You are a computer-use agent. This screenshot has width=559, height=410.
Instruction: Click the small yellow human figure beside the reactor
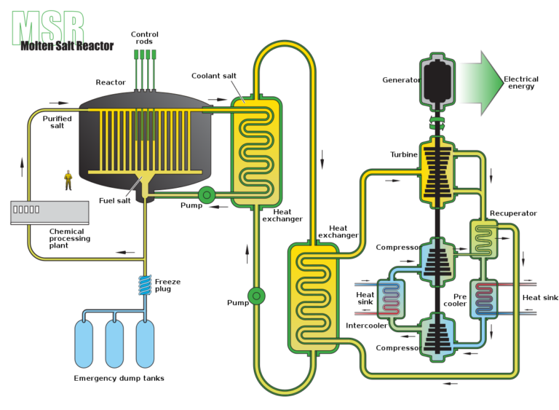click(68, 178)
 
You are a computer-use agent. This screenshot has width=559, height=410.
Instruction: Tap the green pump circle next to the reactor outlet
click(206, 194)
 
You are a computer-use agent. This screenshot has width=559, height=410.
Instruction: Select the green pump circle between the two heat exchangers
click(255, 296)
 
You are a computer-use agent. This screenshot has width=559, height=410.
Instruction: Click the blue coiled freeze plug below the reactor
click(146, 285)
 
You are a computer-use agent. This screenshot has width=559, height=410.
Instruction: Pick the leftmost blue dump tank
click(84, 343)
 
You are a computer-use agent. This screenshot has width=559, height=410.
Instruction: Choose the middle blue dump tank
click(114, 343)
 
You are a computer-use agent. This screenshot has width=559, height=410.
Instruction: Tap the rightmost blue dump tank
click(145, 343)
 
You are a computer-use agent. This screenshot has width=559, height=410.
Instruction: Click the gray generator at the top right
click(437, 82)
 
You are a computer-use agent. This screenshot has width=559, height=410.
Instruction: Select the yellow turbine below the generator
click(437, 173)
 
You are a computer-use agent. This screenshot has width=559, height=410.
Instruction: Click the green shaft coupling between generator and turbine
click(437, 123)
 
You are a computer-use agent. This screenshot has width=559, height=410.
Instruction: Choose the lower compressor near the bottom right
click(437, 336)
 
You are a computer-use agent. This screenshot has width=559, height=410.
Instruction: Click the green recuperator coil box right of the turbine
click(484, 239)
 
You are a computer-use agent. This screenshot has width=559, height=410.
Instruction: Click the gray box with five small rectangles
click(49, 212)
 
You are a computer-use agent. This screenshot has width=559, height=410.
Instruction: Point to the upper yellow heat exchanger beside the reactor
click(256, 151)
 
